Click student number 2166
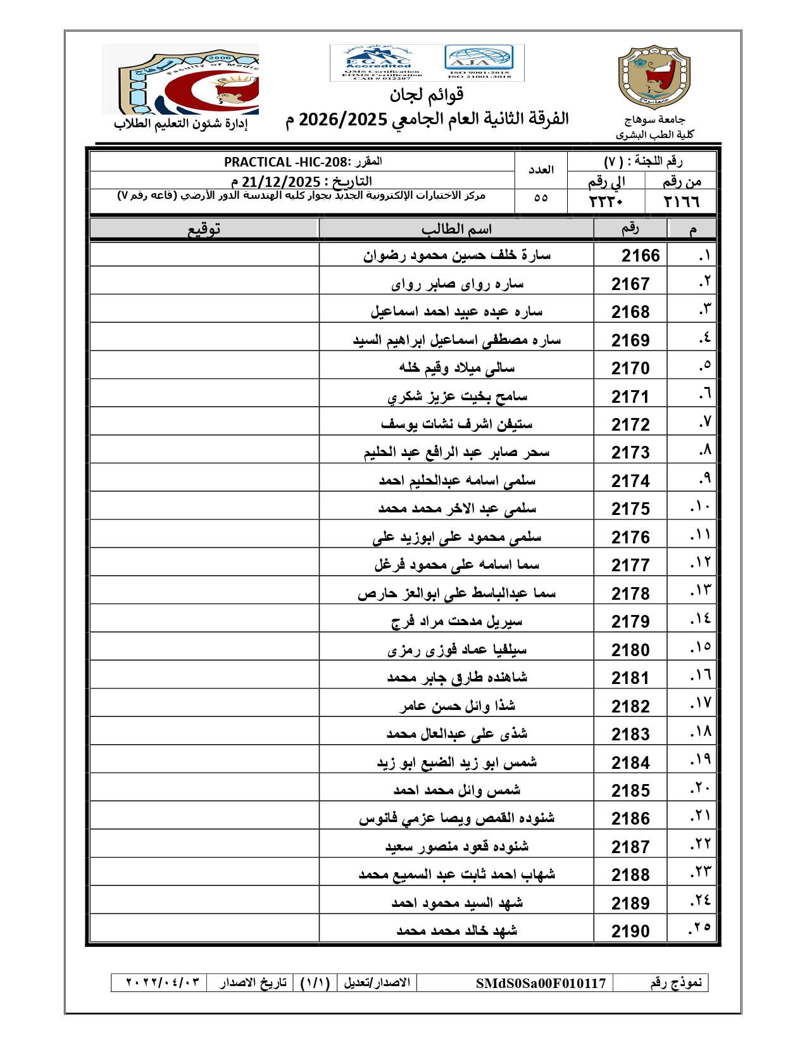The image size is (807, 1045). point(640,255)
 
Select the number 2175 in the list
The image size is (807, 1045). point(630,509)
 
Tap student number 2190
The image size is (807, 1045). point(630,931)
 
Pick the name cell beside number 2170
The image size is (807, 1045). point(456,367)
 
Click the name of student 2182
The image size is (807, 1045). point(456,706)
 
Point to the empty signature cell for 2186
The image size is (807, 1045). point(204,818)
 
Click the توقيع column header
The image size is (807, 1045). point(204,229)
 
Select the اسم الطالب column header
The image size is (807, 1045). point(456,229)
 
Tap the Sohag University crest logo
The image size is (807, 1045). point(654,77)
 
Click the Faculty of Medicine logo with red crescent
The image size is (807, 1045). point(180,79)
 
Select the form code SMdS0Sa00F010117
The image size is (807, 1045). point(541,983)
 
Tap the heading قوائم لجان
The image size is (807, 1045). point(427,95)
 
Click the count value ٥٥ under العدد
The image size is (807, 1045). point(541,198)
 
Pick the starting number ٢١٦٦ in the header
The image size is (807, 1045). point(681,201)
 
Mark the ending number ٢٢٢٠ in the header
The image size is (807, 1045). point(606,201)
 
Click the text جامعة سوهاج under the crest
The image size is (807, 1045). point(654,120)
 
